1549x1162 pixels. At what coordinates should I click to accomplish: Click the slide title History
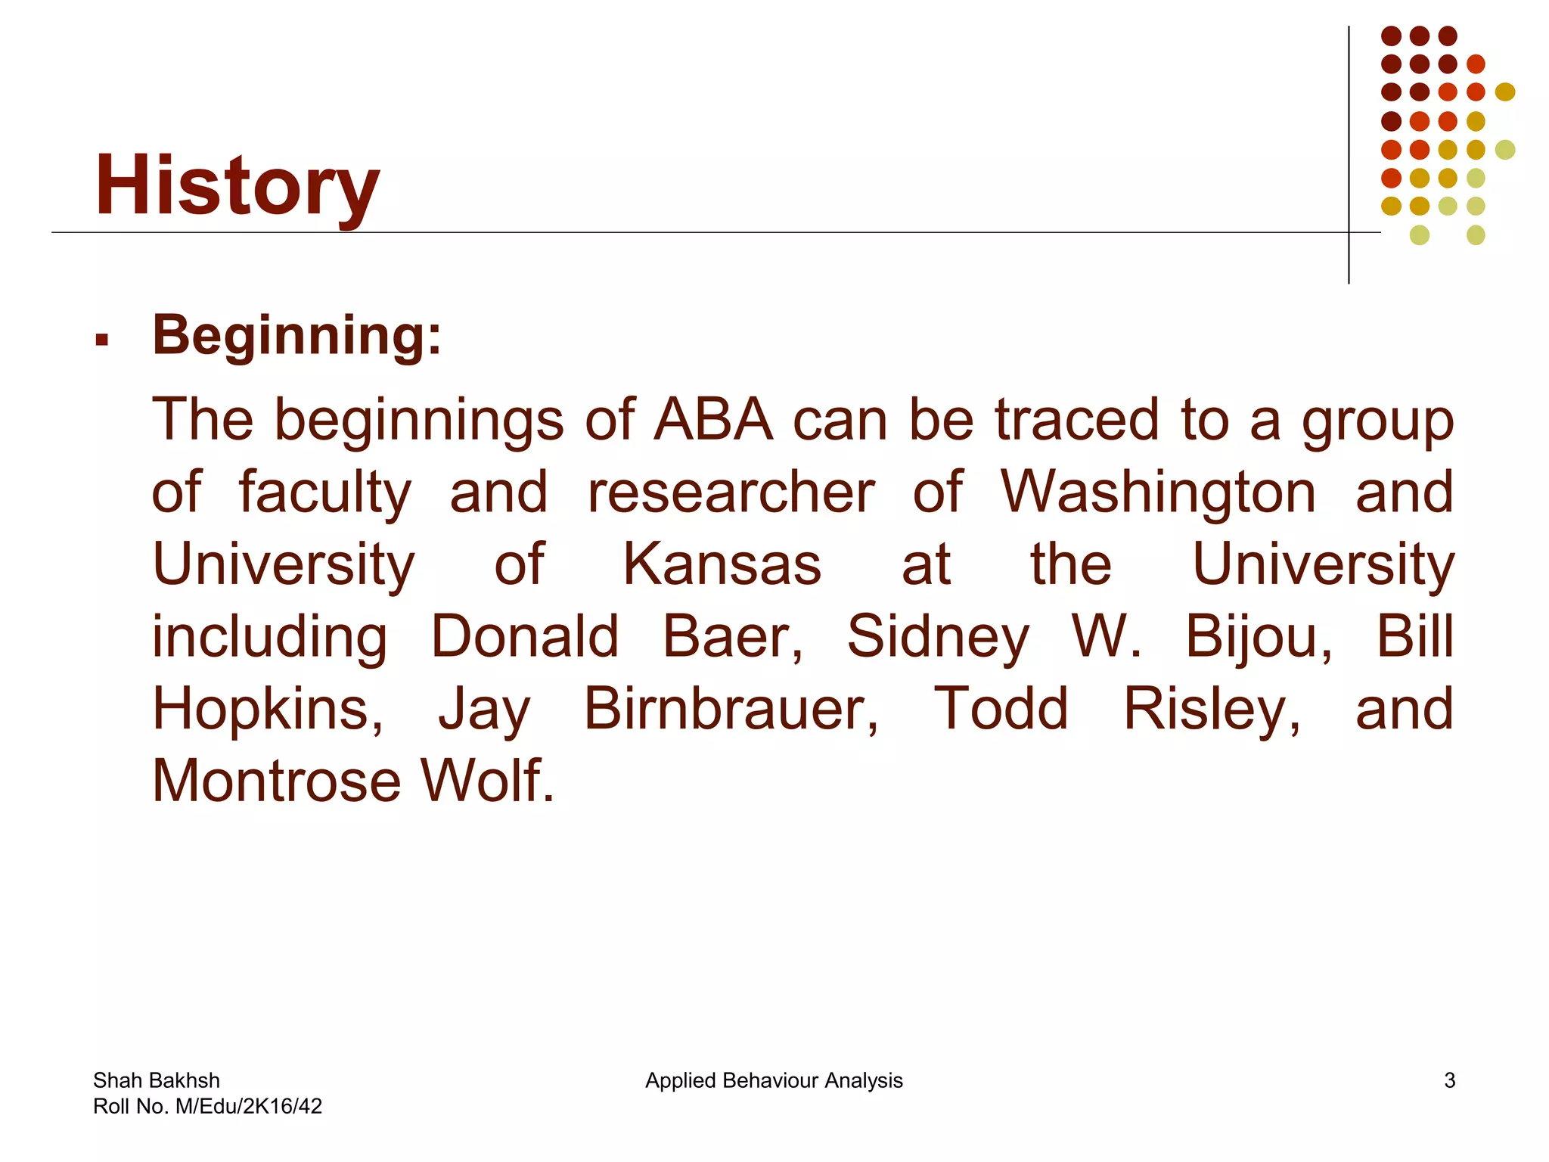click(237, 185)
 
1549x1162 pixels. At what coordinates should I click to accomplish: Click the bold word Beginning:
click(296, 334)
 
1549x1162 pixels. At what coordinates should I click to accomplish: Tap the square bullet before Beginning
click(102, 340)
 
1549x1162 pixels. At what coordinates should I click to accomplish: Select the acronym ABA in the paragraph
click(713, 420)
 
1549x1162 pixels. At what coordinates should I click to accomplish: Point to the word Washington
click(1158, 493)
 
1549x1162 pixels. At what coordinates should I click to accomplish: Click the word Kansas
click(722, 564)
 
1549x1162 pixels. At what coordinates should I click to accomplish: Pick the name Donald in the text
click(525, 636)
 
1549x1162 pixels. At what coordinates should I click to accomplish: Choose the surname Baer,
click(733, 636)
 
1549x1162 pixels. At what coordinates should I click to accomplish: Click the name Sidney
click(938, 636)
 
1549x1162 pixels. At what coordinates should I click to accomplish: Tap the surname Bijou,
click(1259, 636)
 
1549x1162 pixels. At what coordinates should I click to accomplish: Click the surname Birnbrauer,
click(731, 709)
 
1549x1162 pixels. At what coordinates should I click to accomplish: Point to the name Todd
click(1001, 709)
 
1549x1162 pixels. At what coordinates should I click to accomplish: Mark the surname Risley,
click(1212, 709)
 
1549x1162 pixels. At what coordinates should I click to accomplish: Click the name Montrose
click(277, 781)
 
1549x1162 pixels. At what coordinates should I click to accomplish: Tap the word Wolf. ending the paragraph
click(488, 781)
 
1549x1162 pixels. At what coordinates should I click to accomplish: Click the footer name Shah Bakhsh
click(157, 1080)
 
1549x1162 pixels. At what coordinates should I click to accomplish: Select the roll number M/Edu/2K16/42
click(248, 1107)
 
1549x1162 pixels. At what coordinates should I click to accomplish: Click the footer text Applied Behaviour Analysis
click(774, 1080)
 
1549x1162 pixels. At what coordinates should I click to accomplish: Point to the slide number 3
click(1449, 1080)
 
